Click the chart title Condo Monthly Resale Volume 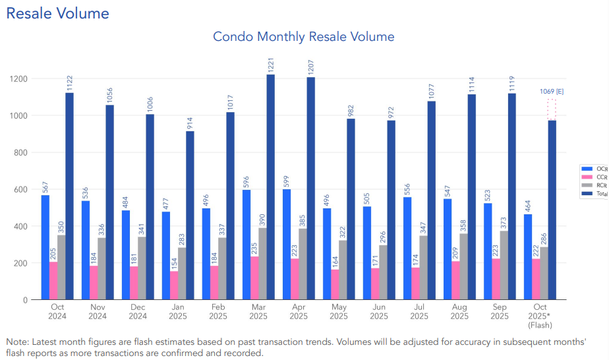303,36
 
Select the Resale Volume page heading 57,13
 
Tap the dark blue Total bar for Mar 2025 270,187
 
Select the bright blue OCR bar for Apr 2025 287,245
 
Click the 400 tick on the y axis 20,226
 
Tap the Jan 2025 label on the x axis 178,311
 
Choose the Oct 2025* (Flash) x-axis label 540,316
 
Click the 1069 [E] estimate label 551,91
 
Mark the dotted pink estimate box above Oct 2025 552,109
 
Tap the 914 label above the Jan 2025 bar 190,122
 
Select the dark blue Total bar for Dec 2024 150,207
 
